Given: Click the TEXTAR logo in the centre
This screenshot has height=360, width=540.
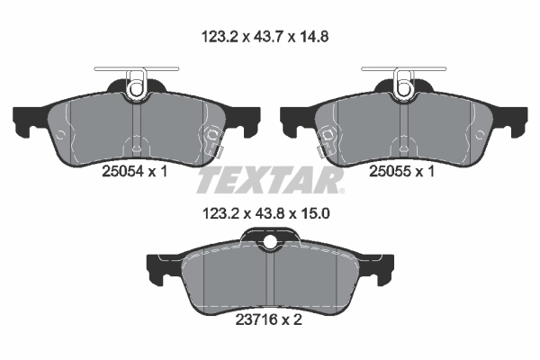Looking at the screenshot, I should (x=270, y=181).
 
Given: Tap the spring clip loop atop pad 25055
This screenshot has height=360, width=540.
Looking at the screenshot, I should (x=402, y=86).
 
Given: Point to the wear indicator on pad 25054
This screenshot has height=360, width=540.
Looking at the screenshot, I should (x=213, y=141).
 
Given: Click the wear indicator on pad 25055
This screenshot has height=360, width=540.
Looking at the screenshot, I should (x=327, y=141).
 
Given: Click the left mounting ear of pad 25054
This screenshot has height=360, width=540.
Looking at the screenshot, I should (x=27, y=120).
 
